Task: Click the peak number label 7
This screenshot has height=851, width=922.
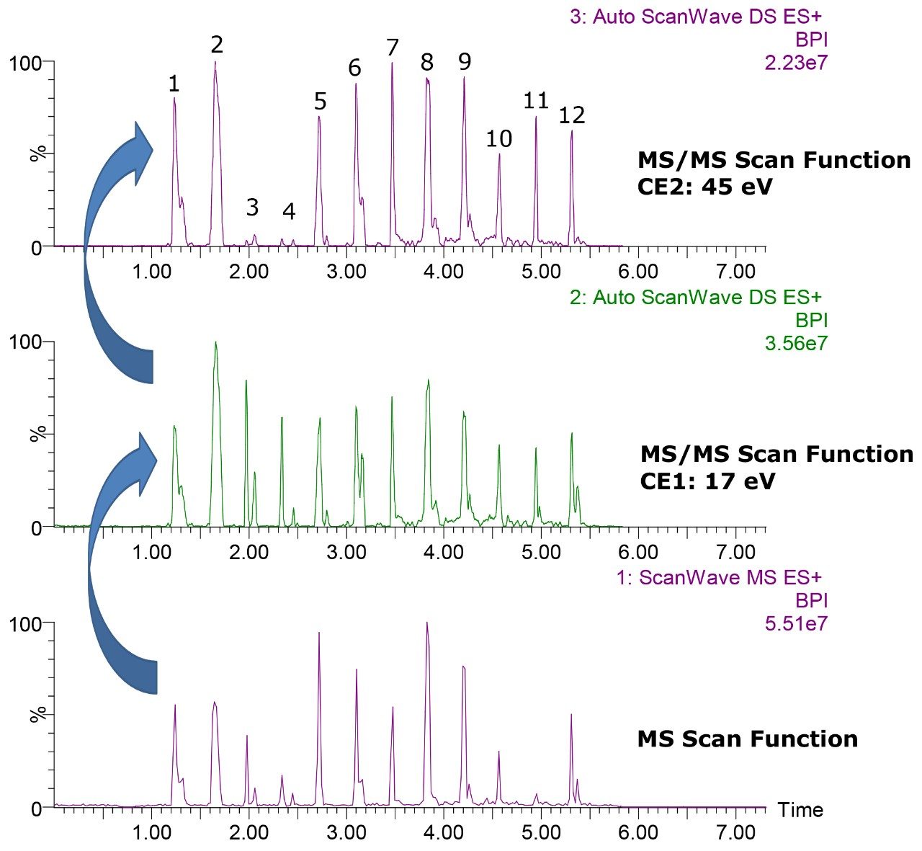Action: pos(392,48)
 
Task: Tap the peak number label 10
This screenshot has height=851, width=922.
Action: pos(498,138)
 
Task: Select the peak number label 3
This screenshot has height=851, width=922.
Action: pos(251,208)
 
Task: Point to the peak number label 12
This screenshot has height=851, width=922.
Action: pos(572,115)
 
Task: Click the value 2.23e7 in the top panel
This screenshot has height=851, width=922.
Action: pos(796,63)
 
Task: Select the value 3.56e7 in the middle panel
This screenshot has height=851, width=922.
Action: pos(796,344)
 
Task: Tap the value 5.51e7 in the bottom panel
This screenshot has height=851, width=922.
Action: pos(796,624)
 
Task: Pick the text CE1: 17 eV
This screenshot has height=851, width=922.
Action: pos(707,480)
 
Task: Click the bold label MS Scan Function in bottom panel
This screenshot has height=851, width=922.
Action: pos(747,739)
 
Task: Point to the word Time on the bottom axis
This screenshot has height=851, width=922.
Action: pos(800,810)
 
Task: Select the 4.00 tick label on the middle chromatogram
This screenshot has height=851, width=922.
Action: pos(443,553)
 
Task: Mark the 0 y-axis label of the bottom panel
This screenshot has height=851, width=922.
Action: pos(37,808)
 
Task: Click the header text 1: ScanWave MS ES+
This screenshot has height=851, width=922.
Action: pos(718,577)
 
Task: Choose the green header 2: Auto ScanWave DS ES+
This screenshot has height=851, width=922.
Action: pos(695,297)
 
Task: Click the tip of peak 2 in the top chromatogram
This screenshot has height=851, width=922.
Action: pos(215,63)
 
